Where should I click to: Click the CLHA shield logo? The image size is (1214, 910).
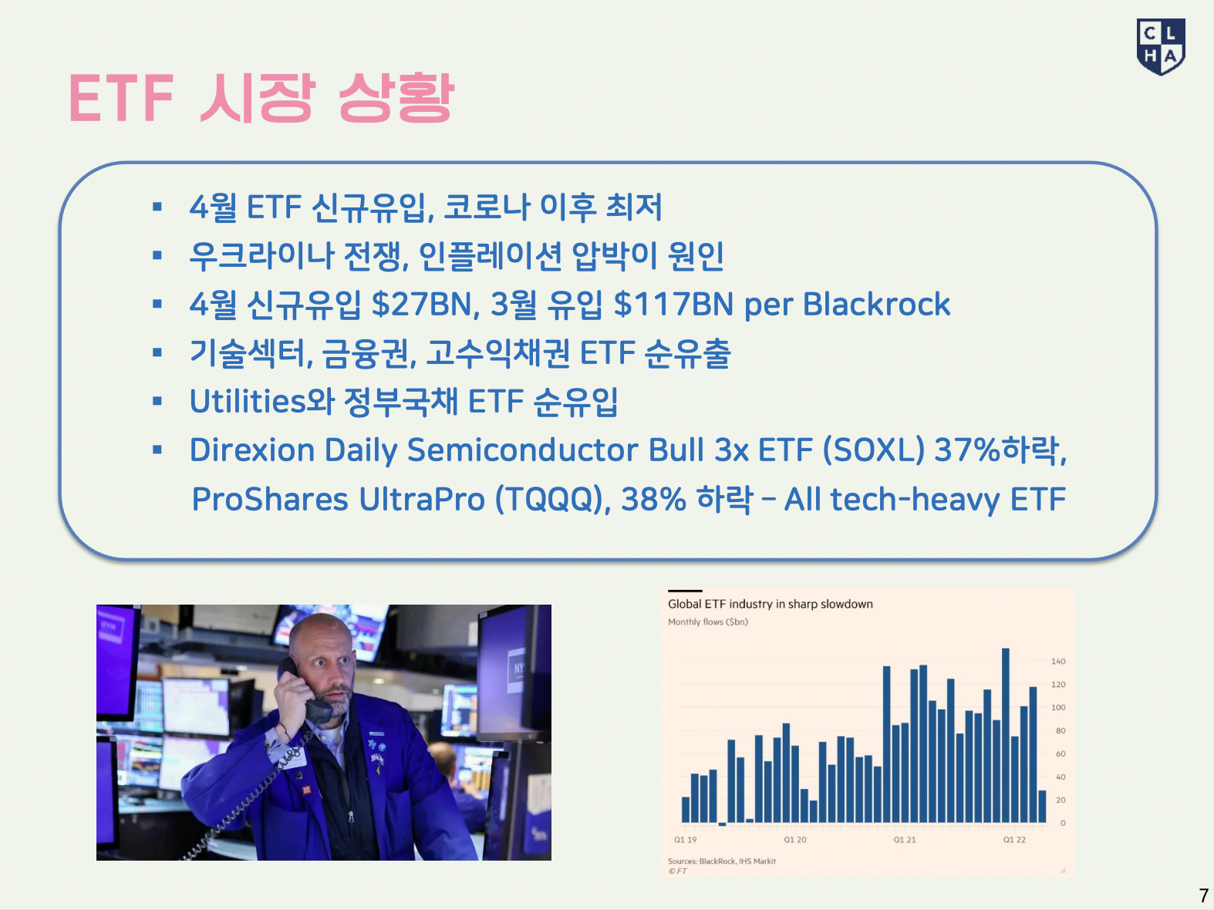1160,46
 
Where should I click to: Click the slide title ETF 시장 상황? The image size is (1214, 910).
261,99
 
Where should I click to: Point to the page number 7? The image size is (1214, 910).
1203,895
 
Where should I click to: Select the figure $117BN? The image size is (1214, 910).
673,304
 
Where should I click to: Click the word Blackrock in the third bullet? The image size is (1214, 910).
876,304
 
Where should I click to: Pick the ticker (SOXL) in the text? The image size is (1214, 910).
874,450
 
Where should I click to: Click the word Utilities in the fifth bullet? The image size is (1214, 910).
247,401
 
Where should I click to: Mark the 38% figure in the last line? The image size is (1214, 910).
653,499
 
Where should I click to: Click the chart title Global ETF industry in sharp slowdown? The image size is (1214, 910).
770,604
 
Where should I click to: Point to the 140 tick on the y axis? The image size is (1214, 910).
1058,661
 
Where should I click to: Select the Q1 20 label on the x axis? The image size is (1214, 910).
794,840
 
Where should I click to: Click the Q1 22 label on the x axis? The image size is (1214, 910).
1014,840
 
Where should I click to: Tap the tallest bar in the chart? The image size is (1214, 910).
1006,735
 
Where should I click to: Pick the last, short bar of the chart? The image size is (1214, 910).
1042,807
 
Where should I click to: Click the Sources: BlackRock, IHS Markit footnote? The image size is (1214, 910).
722,861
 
